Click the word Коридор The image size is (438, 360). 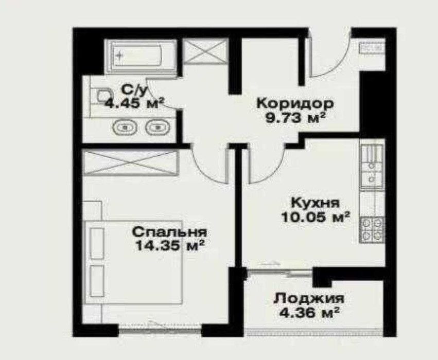(x=295, y=102)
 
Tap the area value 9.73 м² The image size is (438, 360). (x=295, y=117)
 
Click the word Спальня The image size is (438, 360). (x=169, y=232)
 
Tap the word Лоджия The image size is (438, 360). (x=309, y=298)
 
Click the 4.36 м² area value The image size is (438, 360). (x=309, y=312)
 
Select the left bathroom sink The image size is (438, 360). (x=124, y=126)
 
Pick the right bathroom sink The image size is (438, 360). (x=155, y=126)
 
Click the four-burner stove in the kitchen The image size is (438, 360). (x=372, y=229)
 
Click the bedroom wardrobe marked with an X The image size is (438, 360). (x=130, y=164)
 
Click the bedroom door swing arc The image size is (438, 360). (x=208, y=165)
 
